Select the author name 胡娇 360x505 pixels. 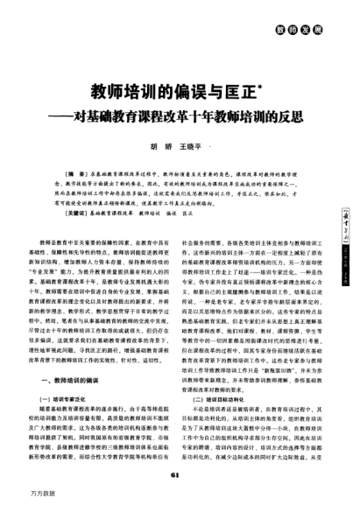pos(160,146)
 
